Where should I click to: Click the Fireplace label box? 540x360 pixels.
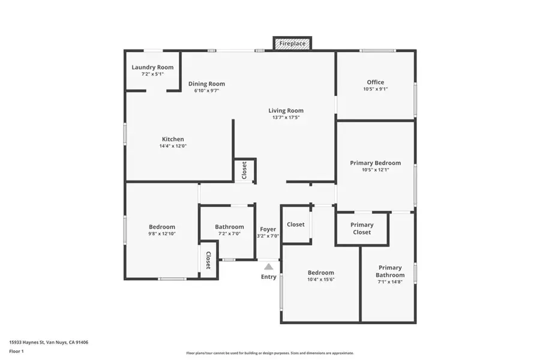tap(292, 44)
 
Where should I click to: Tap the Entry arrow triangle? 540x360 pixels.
tap(269, 266)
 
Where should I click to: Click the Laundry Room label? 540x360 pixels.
tap(152, 67)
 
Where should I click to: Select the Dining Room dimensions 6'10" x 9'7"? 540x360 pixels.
tap(206, 91)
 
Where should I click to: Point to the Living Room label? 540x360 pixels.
tap(286, 110)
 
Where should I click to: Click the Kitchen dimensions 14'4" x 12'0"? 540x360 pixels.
tap(173, 146)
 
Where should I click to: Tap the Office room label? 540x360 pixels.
tap(376, 82)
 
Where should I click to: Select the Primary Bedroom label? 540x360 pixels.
tap(376, 163)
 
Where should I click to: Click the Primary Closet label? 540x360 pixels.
tap(362, 229)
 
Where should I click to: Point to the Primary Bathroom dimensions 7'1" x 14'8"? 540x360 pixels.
tap(390, 282)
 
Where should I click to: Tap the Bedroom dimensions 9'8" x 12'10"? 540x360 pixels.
tap(162, 233)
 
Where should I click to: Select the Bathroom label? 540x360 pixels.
tap(230, 226)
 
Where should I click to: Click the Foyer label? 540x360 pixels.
tap(268, 229)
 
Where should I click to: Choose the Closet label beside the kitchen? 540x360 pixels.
tap(244, 170)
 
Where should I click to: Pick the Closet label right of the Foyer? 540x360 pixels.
tap(296, 224)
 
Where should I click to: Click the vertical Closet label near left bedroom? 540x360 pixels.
tap(208, 260)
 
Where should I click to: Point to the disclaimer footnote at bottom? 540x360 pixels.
tap(270, 353)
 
